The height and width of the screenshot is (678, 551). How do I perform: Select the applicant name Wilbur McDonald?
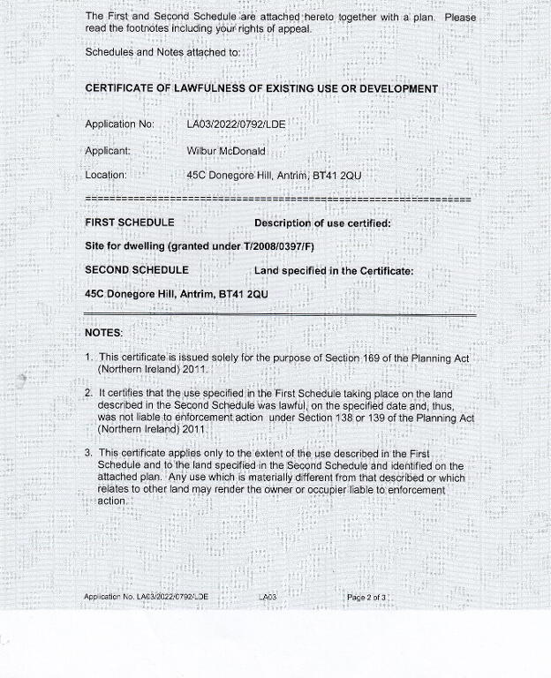click(x=226, y=151)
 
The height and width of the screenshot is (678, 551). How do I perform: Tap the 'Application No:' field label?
click(x=120, y=124)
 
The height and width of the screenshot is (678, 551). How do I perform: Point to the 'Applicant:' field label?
click(x=108, y=151)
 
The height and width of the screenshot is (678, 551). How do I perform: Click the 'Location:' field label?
click(x=106, y=176)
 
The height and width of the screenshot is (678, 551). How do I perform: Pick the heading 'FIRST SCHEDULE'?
click(x=129, y=222)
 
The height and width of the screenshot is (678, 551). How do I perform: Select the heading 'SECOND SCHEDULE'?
click(x=137, y=270)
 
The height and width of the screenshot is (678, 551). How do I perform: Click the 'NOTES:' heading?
click(x=103, y=333)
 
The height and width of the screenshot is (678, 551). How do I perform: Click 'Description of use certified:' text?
click(x=322, y=223)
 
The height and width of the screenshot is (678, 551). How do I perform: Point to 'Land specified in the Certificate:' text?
click(x=333, y=271)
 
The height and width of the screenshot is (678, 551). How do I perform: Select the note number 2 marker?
click(x=89, y=392)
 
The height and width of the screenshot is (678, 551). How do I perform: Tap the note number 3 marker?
click(x=89, y=454)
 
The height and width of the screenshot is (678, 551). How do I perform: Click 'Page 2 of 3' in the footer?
click(x=366, y=598)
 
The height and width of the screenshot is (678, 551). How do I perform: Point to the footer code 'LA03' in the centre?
click(x=268, y=598)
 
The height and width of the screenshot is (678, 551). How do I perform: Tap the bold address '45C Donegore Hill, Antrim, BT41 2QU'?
click(x=177, y=293)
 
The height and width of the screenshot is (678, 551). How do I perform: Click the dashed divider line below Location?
click(x=277, y=200)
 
